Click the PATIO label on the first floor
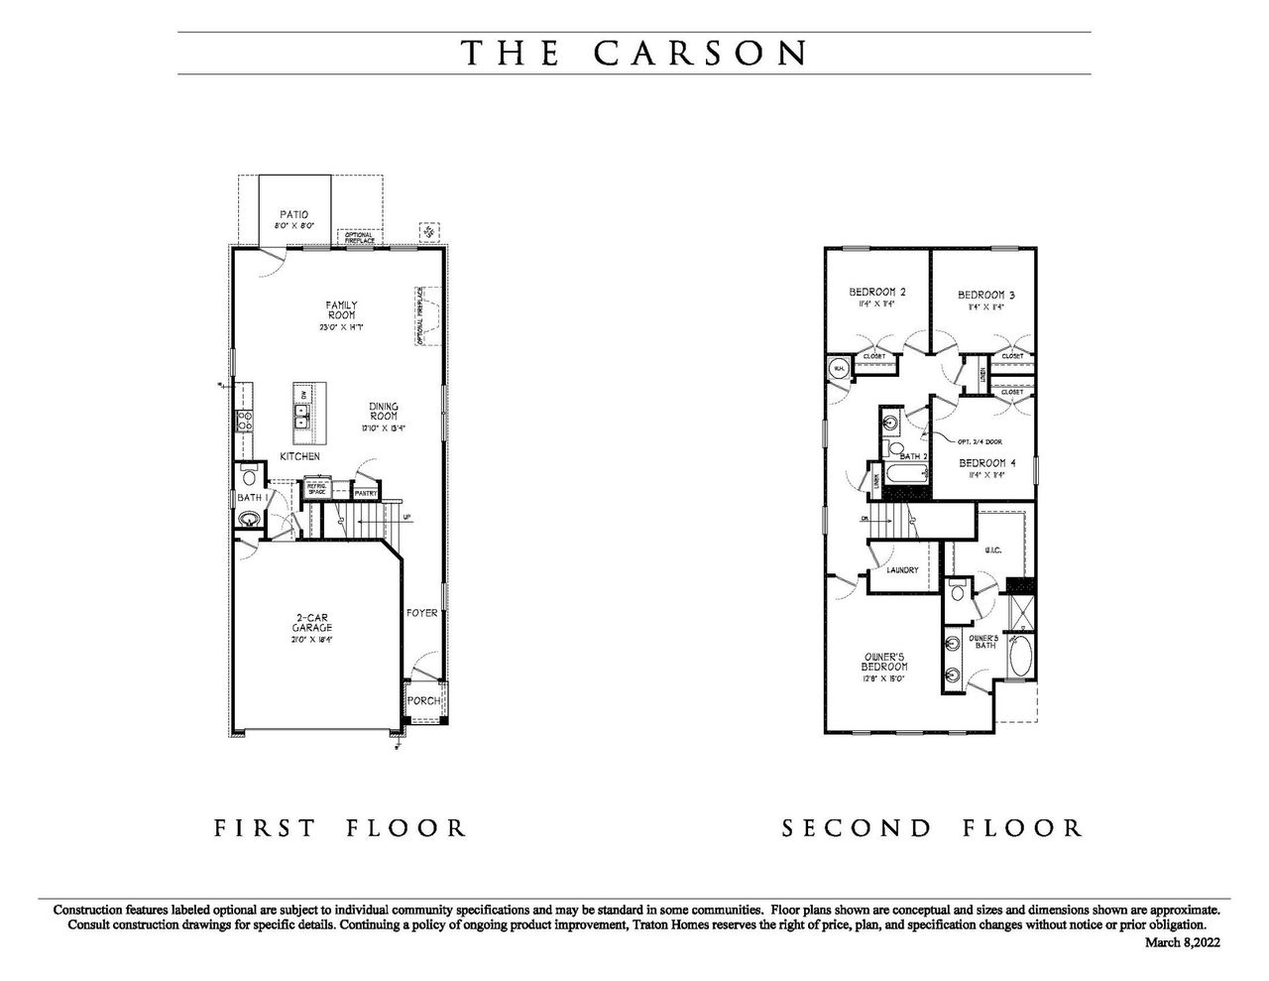pyautogui.click(x=294, y=214)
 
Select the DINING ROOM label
pyautogui.click(x=384, y=412)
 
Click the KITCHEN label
pyautogui.click(x=299, y=456)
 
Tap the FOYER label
pyautogui.click(x=421, y=613)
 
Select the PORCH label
pyautogui.click(x=423, y=701)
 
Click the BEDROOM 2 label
pyautogui.click(x=877, y=293)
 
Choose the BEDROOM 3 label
pyautogui.click(x=985, y=295)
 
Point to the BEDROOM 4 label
pyautogui.click(x=987, y=463)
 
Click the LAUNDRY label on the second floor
pyautogui.click(x=902, y=570)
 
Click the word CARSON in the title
pyautogui.click(x=701, y=53)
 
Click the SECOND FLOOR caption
pyautogui.click(x=932, y=827)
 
